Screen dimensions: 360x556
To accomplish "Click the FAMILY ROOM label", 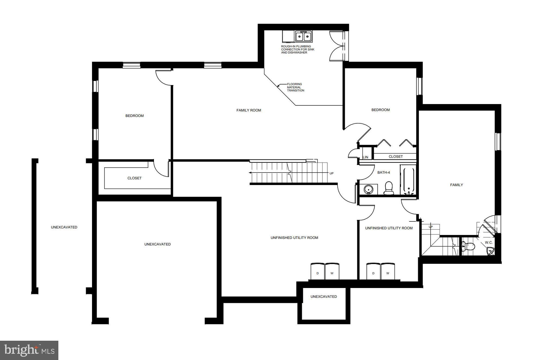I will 249,110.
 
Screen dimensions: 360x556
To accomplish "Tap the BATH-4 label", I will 384,173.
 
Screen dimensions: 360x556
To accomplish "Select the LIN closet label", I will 365,157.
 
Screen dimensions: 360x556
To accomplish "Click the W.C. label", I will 489,243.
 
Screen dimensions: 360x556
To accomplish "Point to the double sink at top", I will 304,36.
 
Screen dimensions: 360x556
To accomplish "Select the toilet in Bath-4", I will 389,188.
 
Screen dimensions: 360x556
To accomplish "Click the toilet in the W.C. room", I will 469,247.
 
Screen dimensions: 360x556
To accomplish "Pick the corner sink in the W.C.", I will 490,251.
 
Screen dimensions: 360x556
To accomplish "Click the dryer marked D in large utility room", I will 318,271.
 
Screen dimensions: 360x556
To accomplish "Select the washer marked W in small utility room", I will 388,271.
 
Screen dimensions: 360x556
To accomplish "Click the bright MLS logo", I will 29,350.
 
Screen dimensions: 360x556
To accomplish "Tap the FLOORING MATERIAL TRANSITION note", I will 295,87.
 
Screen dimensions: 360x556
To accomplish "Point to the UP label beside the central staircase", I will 331,173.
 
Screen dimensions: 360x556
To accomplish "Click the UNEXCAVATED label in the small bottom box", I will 324,297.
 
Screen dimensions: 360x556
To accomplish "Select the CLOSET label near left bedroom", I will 134,178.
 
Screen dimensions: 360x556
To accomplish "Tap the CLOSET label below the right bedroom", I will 396,156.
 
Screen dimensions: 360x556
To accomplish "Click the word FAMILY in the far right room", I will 456,185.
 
